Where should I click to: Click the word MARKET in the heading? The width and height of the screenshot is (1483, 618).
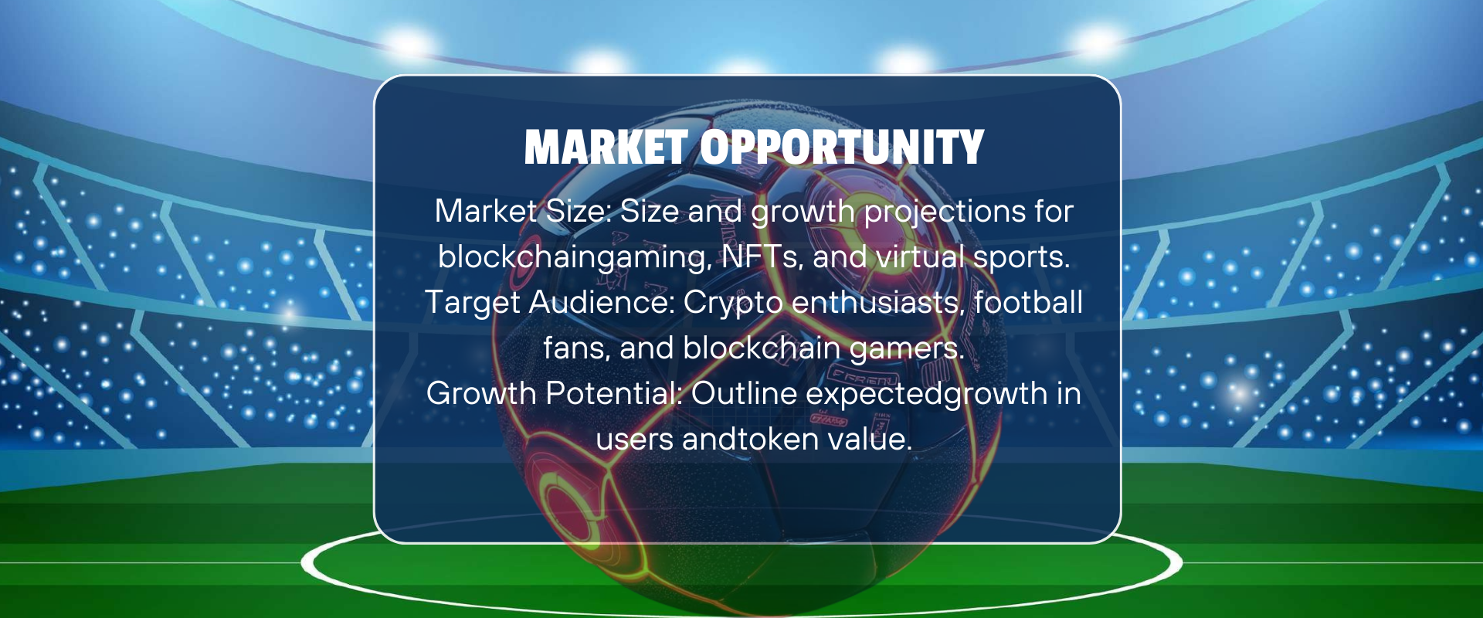(606, 148)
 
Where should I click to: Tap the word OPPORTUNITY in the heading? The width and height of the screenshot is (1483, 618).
(842, 148)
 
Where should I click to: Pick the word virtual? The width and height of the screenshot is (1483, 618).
(920, 256)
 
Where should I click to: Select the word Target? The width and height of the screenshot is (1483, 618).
(473, 303)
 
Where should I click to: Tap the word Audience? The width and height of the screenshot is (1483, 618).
(602, 302)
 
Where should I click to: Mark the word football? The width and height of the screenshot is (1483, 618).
(1028, 302)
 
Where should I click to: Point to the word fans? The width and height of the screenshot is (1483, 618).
(576, 348)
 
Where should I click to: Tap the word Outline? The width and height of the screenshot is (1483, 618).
(744, 393)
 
